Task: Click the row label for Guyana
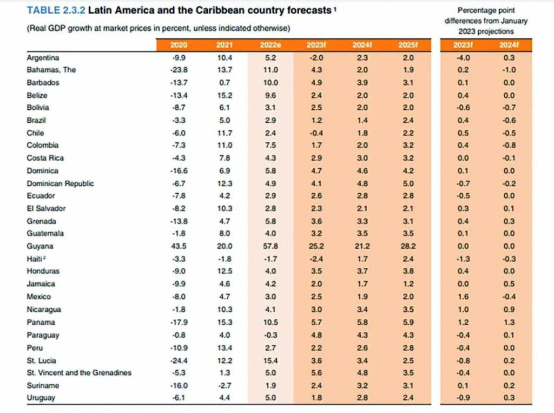[x=37, y=246]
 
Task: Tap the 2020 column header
[x=178, y=45]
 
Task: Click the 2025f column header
[x=408, y=45]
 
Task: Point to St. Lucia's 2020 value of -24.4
[x=178, y=360]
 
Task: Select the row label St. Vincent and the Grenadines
[x=78, y=373]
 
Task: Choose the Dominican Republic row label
[x=60, y=183]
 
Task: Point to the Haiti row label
[x=36, y=259]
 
